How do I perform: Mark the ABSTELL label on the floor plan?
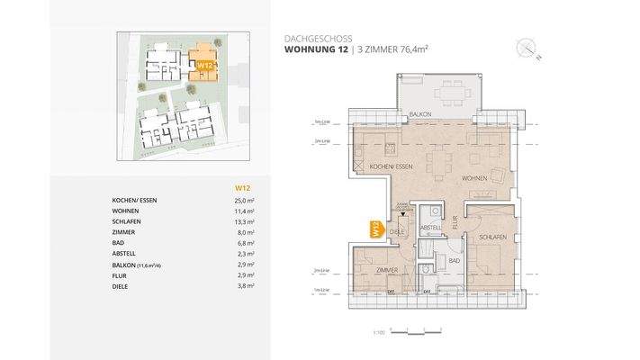(x=430, y=227)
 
